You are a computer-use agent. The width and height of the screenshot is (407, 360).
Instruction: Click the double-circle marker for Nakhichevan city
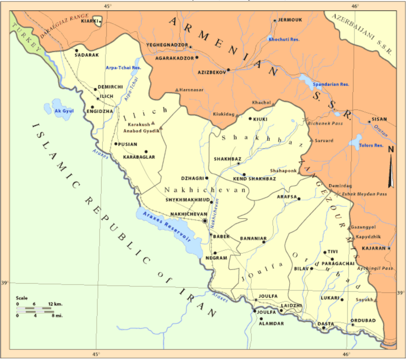205,221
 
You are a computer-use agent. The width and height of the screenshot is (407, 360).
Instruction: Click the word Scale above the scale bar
22,298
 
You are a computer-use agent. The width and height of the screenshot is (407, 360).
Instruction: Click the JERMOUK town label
290,20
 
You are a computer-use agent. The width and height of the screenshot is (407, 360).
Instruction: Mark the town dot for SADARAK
77,51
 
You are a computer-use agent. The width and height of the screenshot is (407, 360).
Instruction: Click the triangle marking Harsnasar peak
177,90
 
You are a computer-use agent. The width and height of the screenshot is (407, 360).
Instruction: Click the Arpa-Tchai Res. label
123,68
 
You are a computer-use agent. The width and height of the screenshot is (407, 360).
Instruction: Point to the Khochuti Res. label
284,39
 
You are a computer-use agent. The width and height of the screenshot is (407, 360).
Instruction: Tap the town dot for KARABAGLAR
146,152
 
